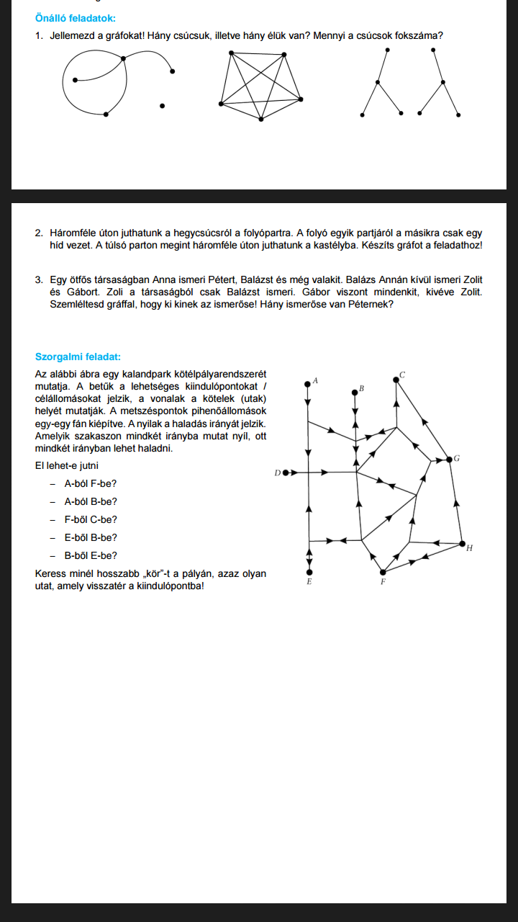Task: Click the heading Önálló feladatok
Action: pyautogui.click(x=75, y=18)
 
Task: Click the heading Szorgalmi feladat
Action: pyautogui.click(x=78, y=356)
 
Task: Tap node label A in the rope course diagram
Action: pyautogui.click(x=316, y=380)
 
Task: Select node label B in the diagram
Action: pyautogui.click(x=361, y=389)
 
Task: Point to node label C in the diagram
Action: pyautogui.click(x=402, y=375)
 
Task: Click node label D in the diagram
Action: pyautogui.click(x=277, y=473)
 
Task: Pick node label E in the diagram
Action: pyautogui.click(x=309, y=581)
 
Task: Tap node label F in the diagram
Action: pyautogui.click(x=383, y=581)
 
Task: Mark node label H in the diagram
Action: pyautogui.click(x=469, y=549)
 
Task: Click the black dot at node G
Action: pyautogui.click(x=448, y=459)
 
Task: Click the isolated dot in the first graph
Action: pyautogui.click(x=163, y=106)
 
